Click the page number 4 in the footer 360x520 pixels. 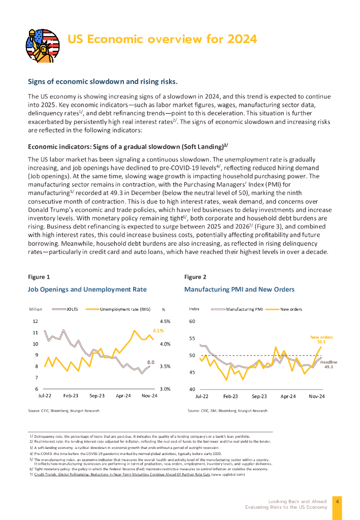(338, 501)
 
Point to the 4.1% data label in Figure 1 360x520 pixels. (157, 331)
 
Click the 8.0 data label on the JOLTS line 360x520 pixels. (150, 362)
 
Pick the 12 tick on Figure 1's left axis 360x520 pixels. (35, 321)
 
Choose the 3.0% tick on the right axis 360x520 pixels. (165, 389)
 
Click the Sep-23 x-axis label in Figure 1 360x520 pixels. (97, 395)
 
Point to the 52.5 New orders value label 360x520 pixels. (321, 342)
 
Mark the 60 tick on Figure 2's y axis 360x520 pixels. (192, 321)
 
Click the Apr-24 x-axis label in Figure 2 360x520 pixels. (288, 395)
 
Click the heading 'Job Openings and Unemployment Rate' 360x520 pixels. (87, 289)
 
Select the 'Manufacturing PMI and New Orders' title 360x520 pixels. (239, 289)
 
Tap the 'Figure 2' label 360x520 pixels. (195, 277)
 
